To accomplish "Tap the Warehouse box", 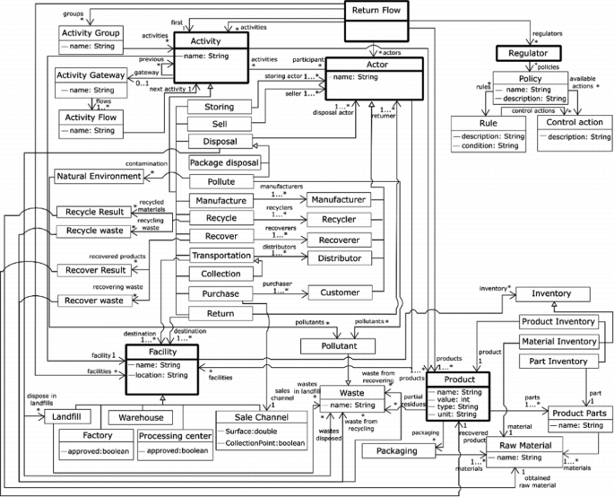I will [140, 418].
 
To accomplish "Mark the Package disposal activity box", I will [224, 163].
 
